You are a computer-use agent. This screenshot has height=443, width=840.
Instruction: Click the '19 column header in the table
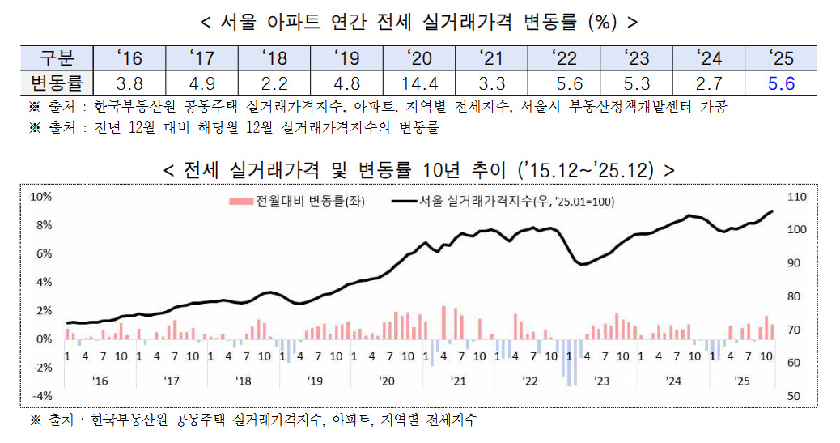click(x=347, y=58)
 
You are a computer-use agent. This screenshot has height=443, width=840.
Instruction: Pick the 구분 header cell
click(x=57, y=58)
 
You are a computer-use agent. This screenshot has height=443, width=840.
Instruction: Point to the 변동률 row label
click(x=57, y=83)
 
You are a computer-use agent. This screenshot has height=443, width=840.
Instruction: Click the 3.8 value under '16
click(x=129, y=83)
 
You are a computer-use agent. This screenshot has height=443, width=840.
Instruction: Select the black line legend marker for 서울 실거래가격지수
click(x=404, y=202)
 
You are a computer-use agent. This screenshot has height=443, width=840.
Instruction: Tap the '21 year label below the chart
click(x=458, y=380)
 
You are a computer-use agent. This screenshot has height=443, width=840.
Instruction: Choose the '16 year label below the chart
click(x=100, y=380)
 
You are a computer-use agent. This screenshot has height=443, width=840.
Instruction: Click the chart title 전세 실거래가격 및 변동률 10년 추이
click(x=419, y=170)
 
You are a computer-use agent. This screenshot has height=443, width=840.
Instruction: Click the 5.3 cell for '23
click(x=637, y=83)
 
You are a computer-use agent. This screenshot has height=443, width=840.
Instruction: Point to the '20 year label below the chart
click(x=386, y=380)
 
